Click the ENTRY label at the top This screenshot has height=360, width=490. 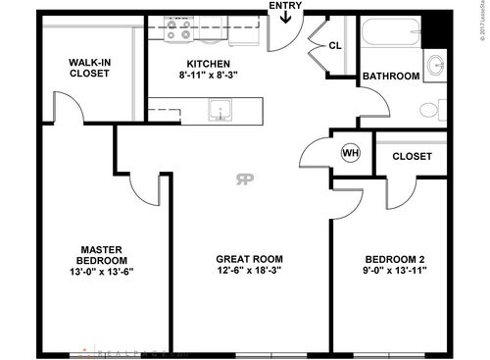coord(284,6)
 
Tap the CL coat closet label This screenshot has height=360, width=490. coord(334,45)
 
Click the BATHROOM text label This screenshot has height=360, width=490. coord(391,76)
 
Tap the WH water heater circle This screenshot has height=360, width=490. coord(349,153)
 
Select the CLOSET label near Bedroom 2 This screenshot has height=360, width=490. coord(412,155)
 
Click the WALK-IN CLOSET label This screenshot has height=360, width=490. coord(89,69)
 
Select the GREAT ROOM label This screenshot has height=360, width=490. coord(242,259)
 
